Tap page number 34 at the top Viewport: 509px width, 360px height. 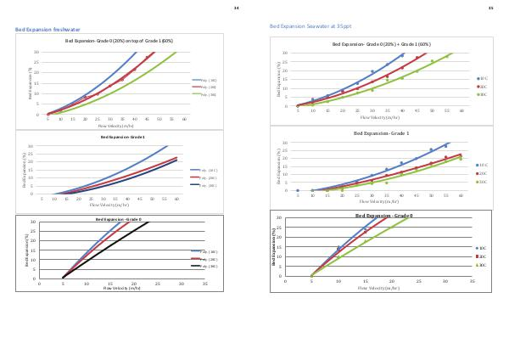click(237, 8)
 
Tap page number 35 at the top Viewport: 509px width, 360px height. click(490, 8)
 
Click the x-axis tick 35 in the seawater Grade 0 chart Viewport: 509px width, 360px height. click(471, 280)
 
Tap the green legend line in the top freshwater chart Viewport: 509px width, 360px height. click(203, 94)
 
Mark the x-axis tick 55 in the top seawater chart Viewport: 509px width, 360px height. click(447, 110)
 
